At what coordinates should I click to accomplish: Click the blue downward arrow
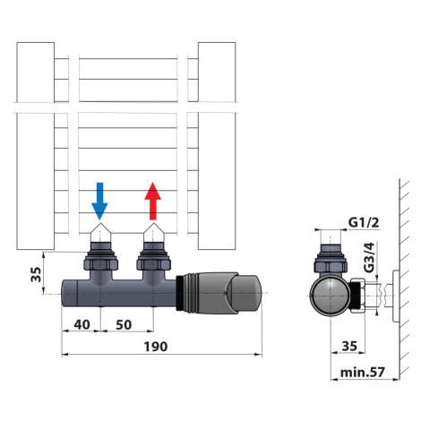click(99, 201)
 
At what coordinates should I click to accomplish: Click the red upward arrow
click(153, 201)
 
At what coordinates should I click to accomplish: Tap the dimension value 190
click(156, 347)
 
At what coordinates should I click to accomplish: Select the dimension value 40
click(82, 324)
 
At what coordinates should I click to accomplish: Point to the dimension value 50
click(124, 324)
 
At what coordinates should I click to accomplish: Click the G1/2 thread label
click(364, 222)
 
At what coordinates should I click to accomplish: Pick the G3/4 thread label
click(370, 258)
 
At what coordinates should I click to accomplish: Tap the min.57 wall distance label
click(363, 373)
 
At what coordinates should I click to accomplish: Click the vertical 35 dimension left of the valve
click(36, 274)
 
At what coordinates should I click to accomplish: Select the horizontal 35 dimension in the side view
click(349, 346)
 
